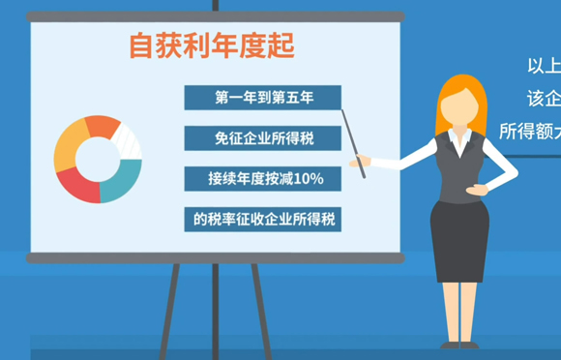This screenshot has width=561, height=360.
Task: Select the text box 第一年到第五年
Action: (x=263, y=98)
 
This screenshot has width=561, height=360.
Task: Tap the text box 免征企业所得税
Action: (x=263, y=138)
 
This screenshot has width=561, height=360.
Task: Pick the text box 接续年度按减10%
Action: (x=263, y=179)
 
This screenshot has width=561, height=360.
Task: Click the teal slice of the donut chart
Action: (x=123, y=180)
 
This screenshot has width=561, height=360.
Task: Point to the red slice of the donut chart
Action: (x=78, y=187)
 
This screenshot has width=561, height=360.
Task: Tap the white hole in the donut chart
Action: (x=97, y=159)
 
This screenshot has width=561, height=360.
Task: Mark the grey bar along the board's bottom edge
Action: (x=215, y=258)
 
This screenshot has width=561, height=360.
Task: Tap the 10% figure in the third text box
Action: (x=308, y=179)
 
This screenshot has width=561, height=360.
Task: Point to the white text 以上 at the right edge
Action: (x=543, y=66)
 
